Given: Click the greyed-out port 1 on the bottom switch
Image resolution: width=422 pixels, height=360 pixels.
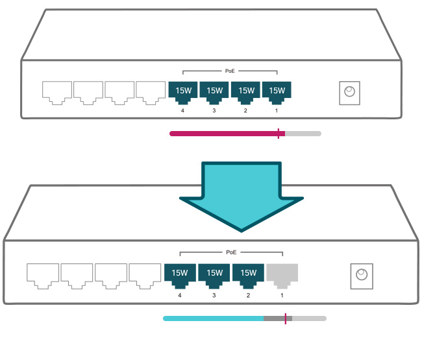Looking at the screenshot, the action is pos(282,276).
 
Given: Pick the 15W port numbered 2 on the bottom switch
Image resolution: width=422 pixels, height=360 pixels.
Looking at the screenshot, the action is pos(248,276).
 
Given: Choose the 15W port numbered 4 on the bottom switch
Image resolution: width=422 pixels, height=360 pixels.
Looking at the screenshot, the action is pos(180,276).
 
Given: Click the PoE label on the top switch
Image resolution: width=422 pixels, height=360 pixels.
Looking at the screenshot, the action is pos(230,71).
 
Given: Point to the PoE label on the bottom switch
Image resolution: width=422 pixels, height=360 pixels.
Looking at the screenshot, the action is pos(231,252).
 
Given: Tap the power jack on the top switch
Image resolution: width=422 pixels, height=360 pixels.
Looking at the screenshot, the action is pos(349,93).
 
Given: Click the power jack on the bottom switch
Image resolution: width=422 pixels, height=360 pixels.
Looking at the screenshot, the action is pos(362,276).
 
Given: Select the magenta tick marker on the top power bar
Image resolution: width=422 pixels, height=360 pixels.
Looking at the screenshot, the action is pos(279,134).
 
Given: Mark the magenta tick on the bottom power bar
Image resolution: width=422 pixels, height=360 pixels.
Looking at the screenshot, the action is pos(286,318).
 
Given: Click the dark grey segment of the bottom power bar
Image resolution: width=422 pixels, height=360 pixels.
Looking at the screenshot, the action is pos(278,318).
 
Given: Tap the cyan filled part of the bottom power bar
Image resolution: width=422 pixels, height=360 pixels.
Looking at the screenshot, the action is pos(214,318).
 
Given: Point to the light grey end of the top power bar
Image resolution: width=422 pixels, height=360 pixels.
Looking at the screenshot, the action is pos(303,134).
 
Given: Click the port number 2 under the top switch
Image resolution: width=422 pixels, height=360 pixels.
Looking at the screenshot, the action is pos(245,110).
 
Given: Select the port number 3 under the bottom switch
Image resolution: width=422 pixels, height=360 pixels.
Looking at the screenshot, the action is pos(214,296).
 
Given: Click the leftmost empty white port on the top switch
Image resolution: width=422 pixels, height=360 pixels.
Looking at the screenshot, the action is pos(57,93).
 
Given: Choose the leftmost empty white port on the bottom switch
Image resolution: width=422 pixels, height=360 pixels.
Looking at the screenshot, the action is pos(43,276).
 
